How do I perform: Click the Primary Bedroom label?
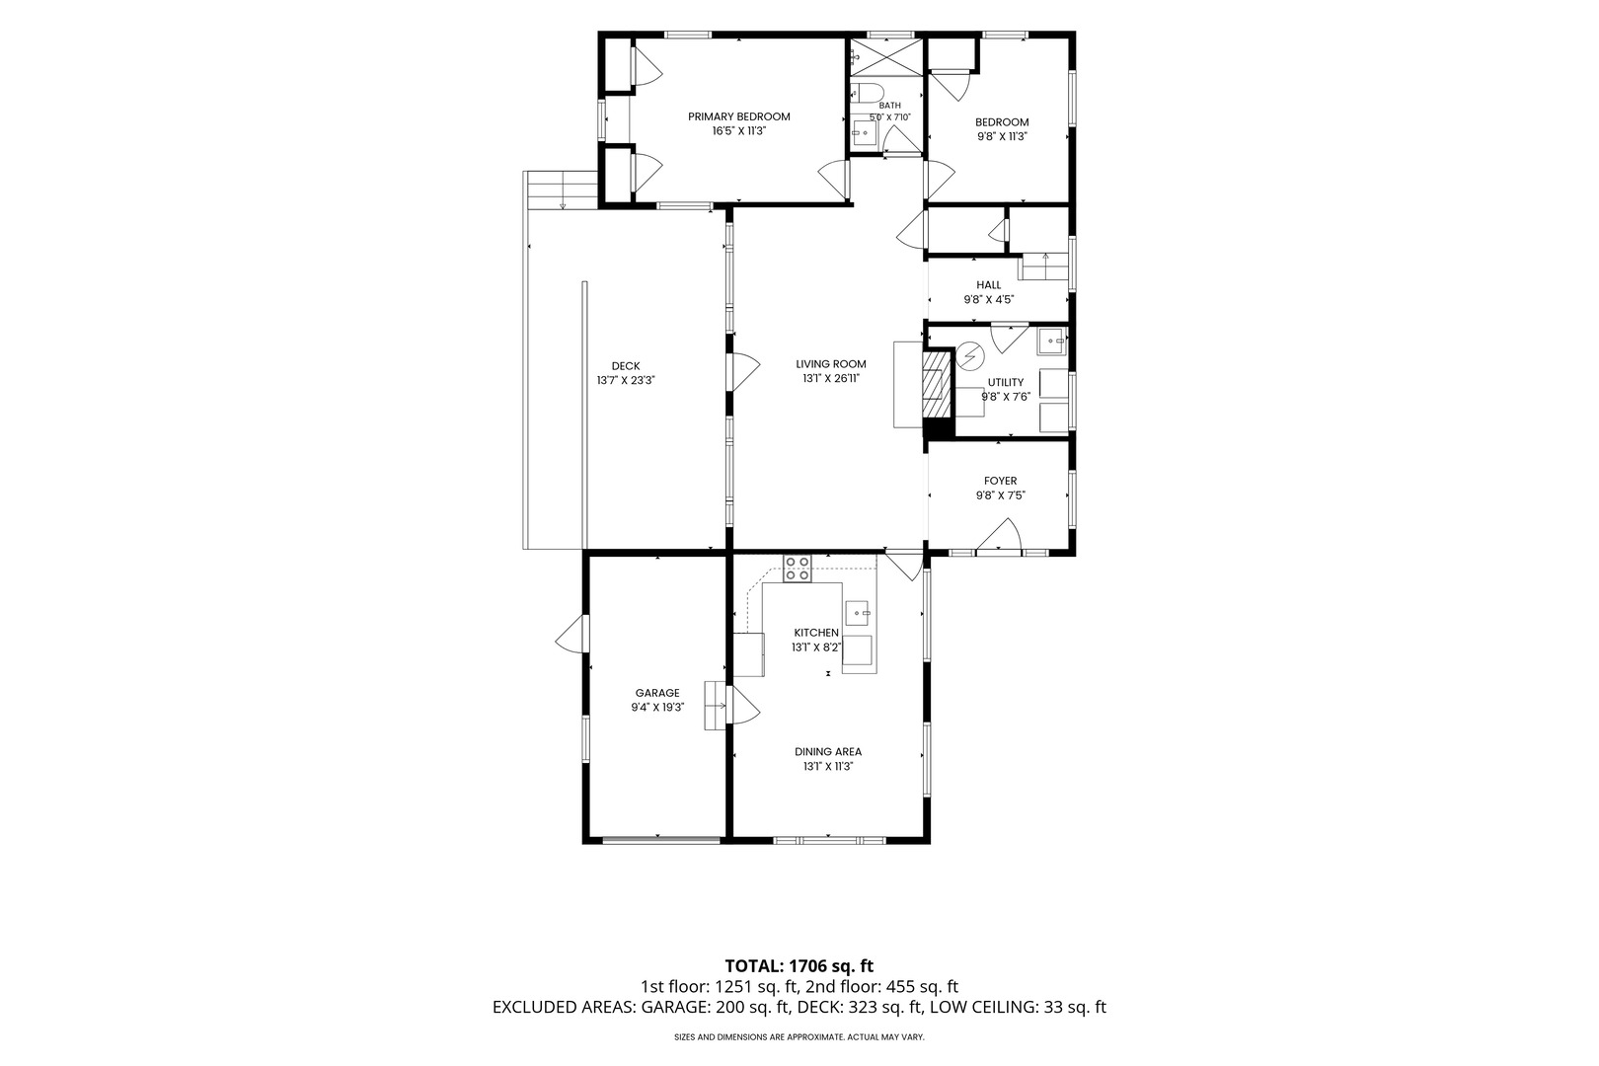tap(739, 116)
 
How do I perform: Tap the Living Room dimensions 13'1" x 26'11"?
tap(831, 378)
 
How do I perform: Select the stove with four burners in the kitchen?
tap(798, 569)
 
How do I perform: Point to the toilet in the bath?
tap(868, 92)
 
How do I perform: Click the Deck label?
tap(626, 366)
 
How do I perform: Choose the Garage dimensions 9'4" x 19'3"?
tap(657, 707)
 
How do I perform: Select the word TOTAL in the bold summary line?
tap(753, 966)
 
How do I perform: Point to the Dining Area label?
tap(828, 751)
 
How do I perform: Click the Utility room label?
tap(1006, 382)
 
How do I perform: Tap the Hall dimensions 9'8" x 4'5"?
tap(989, 300)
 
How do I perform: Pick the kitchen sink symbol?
tap(858, 613)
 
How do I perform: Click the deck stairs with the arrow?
tap(562, 190)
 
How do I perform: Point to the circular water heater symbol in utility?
tap(970, 355)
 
